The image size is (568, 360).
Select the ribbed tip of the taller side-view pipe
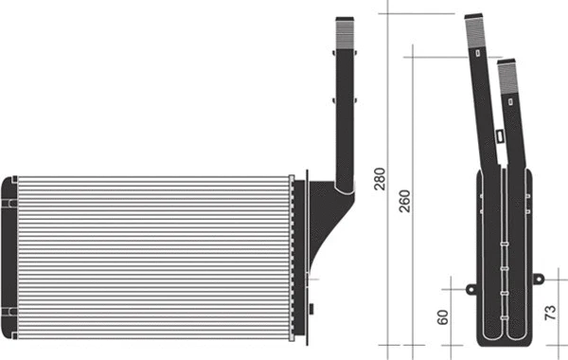(475, 27)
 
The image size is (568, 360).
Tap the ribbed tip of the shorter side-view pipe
(506, 72)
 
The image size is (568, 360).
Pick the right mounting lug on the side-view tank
(539, 279)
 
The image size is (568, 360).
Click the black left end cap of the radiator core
(10, 256)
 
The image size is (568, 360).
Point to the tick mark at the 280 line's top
(389, 12)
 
